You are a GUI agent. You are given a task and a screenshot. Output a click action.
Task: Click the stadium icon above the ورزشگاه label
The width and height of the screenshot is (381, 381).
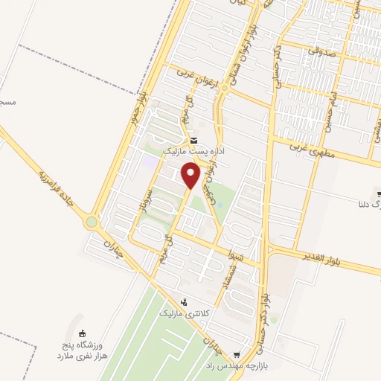coord(82,333)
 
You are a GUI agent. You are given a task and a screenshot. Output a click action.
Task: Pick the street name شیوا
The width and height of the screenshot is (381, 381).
coord(236,255)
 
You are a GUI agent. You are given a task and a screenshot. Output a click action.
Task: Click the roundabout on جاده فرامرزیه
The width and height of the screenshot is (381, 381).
coord(92,222)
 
